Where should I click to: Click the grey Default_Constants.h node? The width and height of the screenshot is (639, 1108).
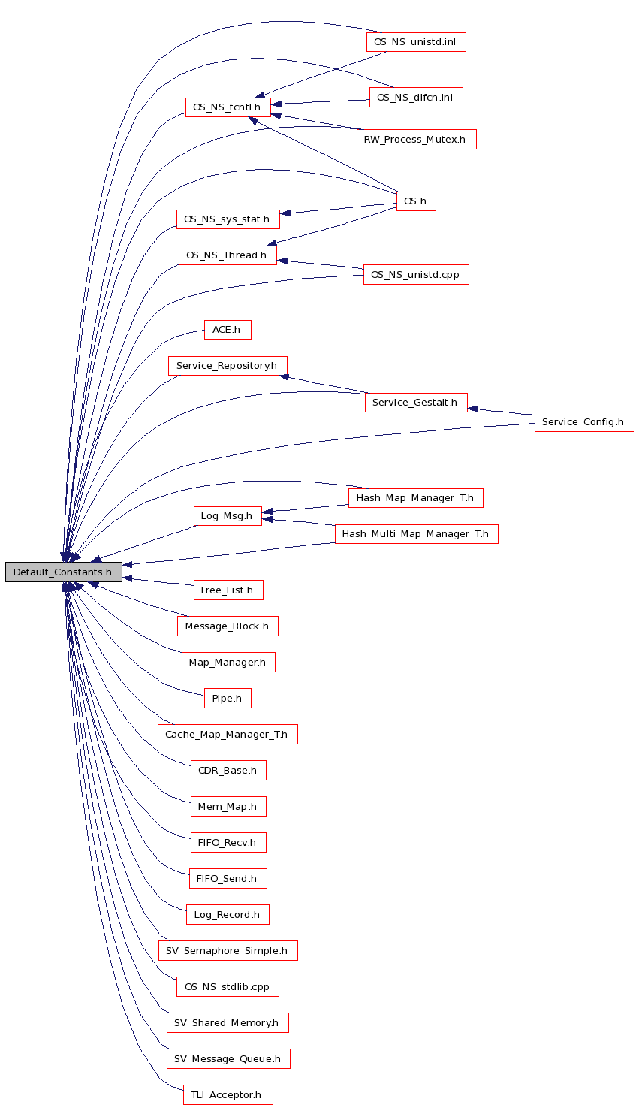(x=63, y=572)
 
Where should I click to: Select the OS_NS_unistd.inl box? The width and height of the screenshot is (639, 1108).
(x=415, y=42)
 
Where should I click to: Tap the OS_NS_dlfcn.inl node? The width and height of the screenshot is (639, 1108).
(x=415, y=98)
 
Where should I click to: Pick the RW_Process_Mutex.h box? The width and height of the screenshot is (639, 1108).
(x=415, y=140)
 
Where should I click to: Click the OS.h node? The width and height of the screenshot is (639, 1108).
(x=415, y=201)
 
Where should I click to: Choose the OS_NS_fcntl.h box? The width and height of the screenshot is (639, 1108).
(x=228, y=107)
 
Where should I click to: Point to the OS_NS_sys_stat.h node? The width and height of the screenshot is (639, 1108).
(x=228, y=219)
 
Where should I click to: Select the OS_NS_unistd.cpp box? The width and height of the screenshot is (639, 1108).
(x=415, y=275)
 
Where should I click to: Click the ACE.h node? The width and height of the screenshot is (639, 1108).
(x=227, y=330)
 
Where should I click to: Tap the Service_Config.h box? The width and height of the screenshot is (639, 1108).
(x=583, y=421)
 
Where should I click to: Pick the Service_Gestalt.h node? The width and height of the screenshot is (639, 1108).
(x=415, y=403)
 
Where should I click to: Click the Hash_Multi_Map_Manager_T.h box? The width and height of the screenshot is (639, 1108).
(x=415, y=534)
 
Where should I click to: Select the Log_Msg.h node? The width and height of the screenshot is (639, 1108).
(x=228, y=516)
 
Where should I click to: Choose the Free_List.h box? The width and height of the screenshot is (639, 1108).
(x=228, y=590)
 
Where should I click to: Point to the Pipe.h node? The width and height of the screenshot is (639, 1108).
(x=227, y=699)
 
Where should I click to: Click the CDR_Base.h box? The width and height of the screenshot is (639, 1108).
(x=228, y=771)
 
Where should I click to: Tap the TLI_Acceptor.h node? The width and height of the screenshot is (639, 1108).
(x=227, y=1095)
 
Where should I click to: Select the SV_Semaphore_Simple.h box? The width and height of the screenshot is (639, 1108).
(x=228, y=951)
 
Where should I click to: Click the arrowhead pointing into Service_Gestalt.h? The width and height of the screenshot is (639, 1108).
(x=473, y=409)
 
